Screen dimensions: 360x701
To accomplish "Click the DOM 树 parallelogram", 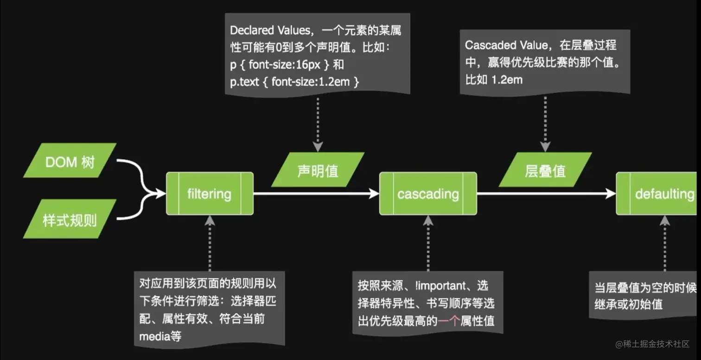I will (x=70, y=161).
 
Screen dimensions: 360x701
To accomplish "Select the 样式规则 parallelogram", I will (x=70, y=219).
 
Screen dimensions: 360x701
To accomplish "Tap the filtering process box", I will (x=210, y=193).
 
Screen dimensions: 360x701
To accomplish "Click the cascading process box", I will (x=428, y=193).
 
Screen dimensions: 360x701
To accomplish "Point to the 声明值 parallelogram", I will (x=318, y=170).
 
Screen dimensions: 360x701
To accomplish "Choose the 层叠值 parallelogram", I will (x=545, y=170).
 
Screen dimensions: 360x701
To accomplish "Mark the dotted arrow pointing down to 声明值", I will (x=318, y=123).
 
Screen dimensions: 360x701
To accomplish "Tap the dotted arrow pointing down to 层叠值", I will (x=545, y=123).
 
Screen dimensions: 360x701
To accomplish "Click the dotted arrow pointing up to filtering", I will (x=210, y=244).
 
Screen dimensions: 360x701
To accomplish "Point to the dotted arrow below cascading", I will (x=428, y=244).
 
